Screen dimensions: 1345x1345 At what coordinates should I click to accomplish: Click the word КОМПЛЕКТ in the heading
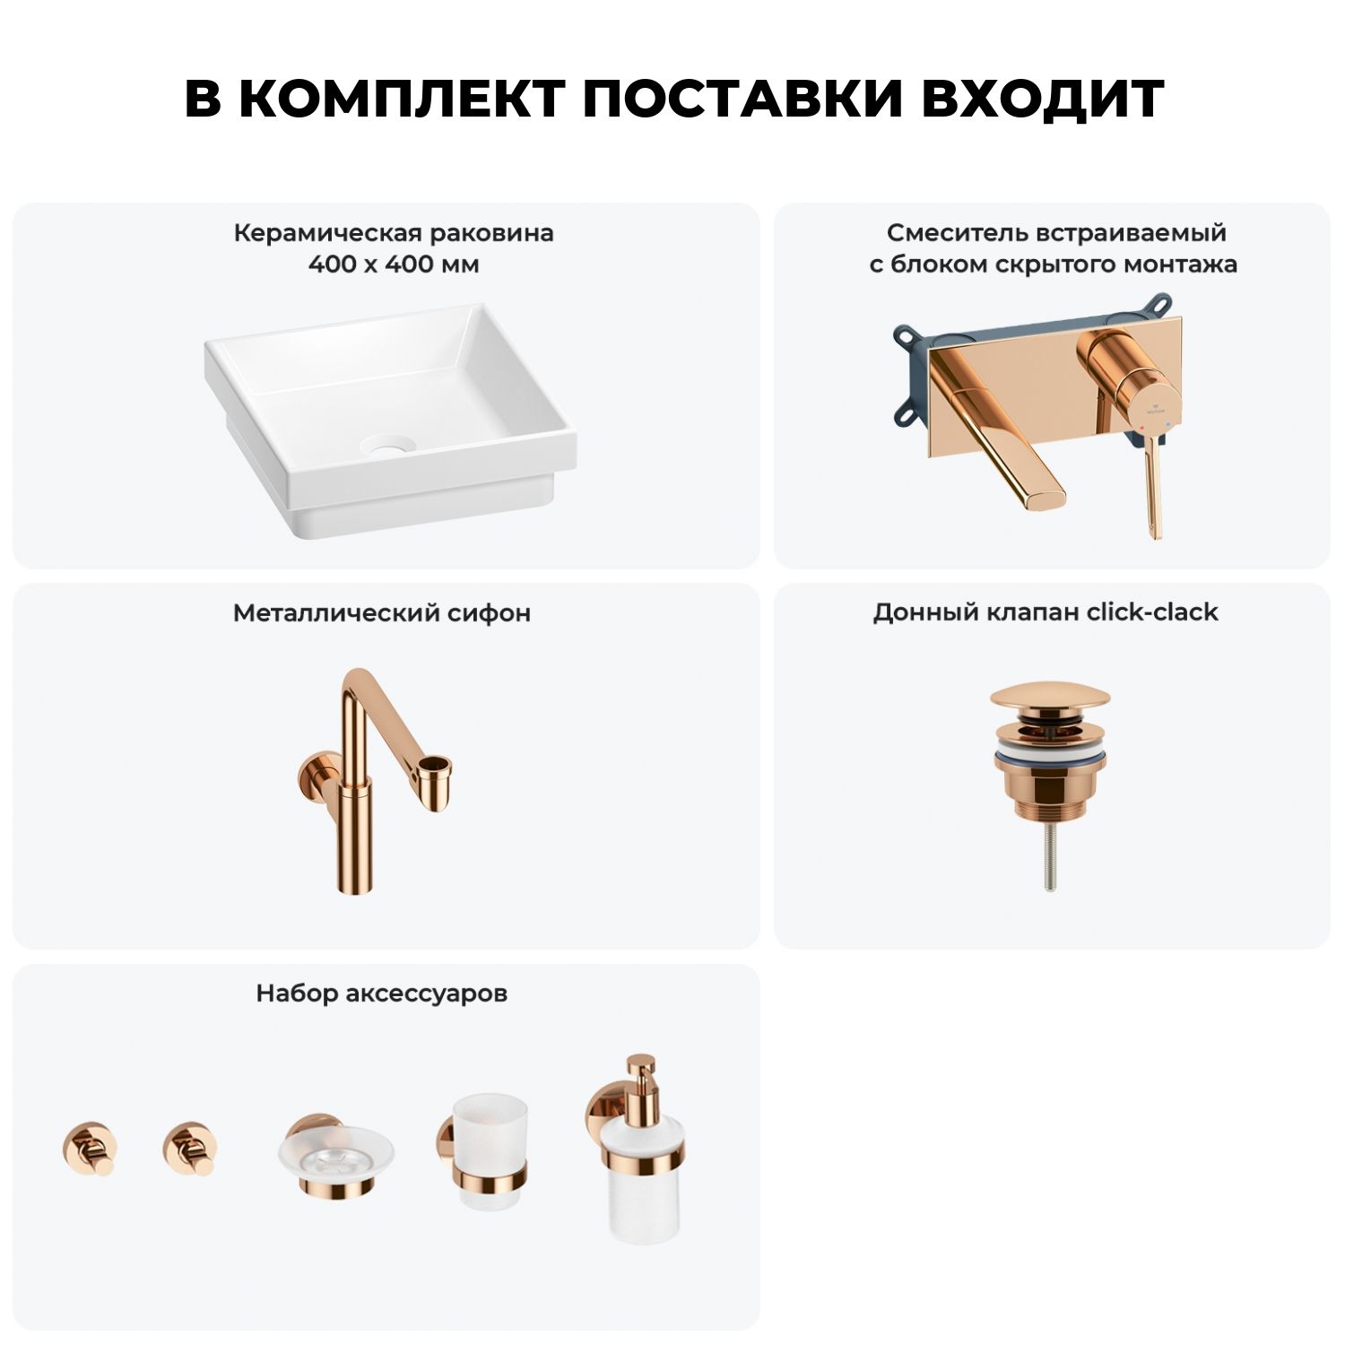(403, 99)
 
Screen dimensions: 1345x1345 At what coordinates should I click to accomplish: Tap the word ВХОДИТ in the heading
(1043, 99)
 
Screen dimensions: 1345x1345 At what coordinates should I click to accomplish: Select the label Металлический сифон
(382, 613)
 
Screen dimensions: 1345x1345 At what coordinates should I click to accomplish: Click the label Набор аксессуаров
(382, 994)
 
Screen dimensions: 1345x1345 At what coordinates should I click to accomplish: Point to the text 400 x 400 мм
(394, 265)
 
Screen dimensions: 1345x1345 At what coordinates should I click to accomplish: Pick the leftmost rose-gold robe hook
(90, 1148)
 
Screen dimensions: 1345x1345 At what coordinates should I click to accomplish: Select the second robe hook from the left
(190, 1148)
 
